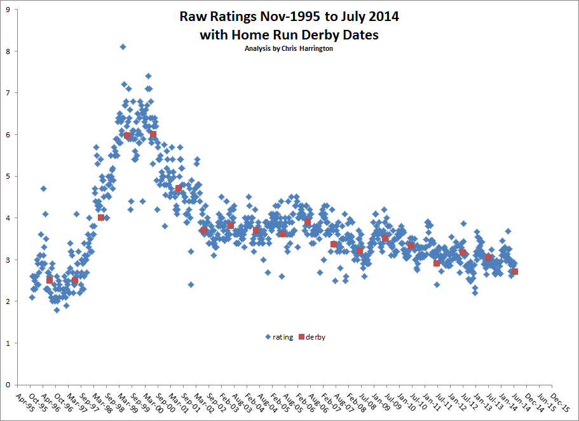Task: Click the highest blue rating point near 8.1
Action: point(123,46)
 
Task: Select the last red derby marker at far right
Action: point(515,272)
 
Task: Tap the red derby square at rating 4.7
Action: point(179,189)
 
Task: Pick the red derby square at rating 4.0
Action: point(101,217)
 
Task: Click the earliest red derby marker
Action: point(50,280)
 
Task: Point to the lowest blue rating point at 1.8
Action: point(57,310)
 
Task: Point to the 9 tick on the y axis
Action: point(8,10)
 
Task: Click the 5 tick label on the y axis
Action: point(8,176)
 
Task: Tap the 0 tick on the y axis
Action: point(8,385)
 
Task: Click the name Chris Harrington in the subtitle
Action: point(311,48)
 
